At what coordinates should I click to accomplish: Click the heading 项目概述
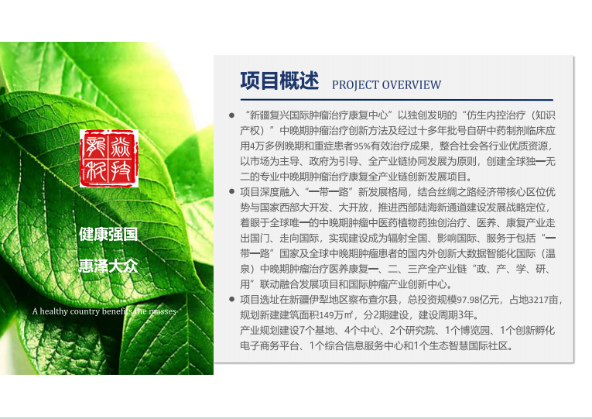pyautogui.click(x=279, y=81)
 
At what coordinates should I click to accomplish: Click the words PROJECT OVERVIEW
pyautogui.click(x=387, y=84)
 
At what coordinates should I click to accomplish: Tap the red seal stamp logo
pyautogui.click(x=109, y=158)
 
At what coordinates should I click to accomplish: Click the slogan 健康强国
pyautogui.click(x=108, y=234)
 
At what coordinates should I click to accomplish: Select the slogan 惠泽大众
pyautogui.click(x=108, y=266)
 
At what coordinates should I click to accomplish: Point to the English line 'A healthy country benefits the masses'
pyautogui.click(x=104, y=311)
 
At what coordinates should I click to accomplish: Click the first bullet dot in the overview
pyautogui.click(x=232, y=115)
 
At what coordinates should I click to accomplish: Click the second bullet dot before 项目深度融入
pyautogui.click(x=232, y=192)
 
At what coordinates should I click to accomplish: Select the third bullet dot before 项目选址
pyautogui.click(x=232, y=300)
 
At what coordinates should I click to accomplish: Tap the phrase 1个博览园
pyautogui.click(x=467, y=331)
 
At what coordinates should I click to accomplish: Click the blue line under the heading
pyautogui.click(x=397, y=100)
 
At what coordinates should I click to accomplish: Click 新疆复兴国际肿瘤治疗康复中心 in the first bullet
pyautogui.click(x=319, y=115)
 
